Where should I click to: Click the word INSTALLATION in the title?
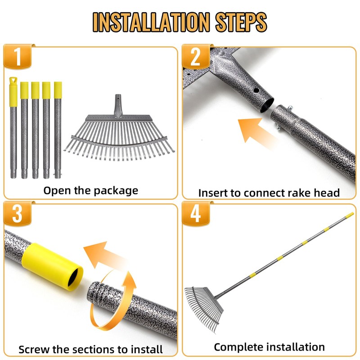(151, 22)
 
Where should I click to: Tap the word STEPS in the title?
(241, 22)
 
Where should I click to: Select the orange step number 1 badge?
(18, 57)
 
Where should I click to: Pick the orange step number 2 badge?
(196, 57)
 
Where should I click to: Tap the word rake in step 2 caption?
(299, 193)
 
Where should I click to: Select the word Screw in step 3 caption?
(34, 350)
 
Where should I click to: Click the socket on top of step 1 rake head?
(118, 106)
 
